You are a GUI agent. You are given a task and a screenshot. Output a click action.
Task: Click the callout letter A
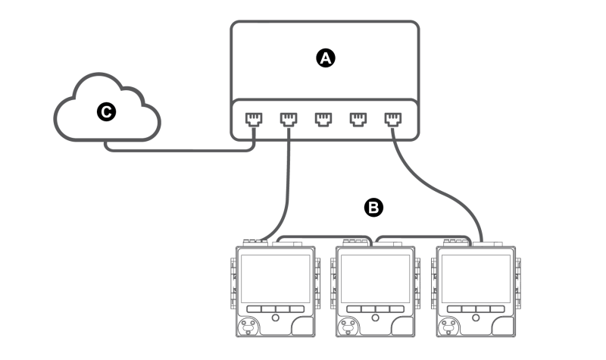coord(326,58)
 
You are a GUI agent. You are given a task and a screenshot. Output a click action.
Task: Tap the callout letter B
coord(373,208)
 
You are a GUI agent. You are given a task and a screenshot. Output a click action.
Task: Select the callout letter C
coord(106,111)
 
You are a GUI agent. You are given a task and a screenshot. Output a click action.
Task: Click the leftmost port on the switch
coord(254,119)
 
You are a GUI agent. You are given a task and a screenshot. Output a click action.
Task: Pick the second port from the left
coord(289,119)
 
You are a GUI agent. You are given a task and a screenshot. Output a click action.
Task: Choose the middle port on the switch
coord(323,119)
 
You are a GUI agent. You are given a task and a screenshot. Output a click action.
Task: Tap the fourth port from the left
coord(358,119)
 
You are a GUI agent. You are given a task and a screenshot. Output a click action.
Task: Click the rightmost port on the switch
coord(393,119)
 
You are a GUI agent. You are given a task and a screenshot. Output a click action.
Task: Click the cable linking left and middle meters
coord(325,236)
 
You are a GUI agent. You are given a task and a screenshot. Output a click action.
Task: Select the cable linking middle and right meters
coord(424,236)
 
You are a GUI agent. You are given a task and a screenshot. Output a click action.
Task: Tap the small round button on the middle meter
coord(375,318)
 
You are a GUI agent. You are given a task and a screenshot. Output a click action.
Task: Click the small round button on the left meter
coord(275,318)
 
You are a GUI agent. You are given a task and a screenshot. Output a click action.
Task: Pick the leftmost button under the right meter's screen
coord(454,309)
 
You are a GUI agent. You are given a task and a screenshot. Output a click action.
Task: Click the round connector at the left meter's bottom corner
coord(248,327)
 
